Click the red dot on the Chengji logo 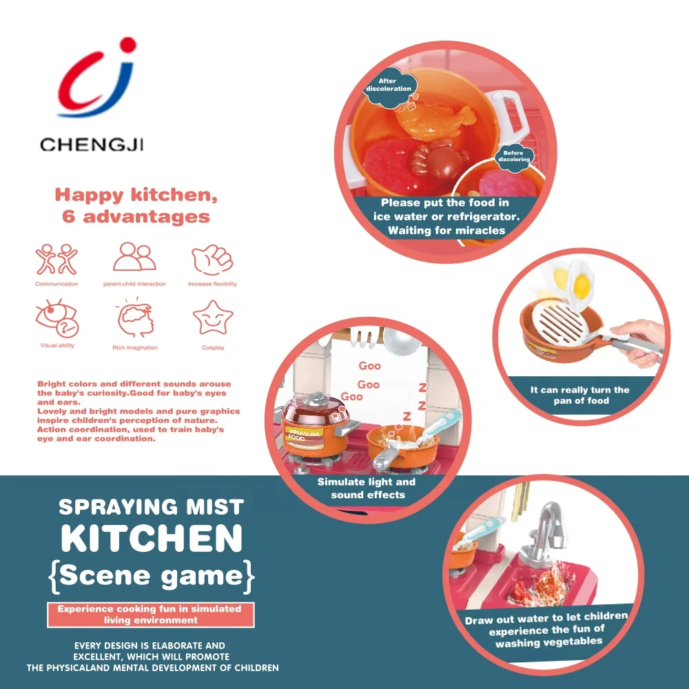(x=128, y=45)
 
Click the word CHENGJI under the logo (x=92, y=145)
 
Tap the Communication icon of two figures (x=56, y=259)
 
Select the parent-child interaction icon (x=134, y=256)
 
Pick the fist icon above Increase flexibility (x=212, y=259)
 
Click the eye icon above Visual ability (x=57, y=318)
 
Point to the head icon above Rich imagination (x=135, y=318)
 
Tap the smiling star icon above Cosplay (x=213, y=318)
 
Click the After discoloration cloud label (x=389, y=87)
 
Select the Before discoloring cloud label (x=514, y=156)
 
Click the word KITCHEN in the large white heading (x=152, y=538)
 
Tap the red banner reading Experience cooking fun (x=150, y=615)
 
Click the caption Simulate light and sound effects (x=367, y=489)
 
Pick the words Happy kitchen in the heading (x=136, y=195)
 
